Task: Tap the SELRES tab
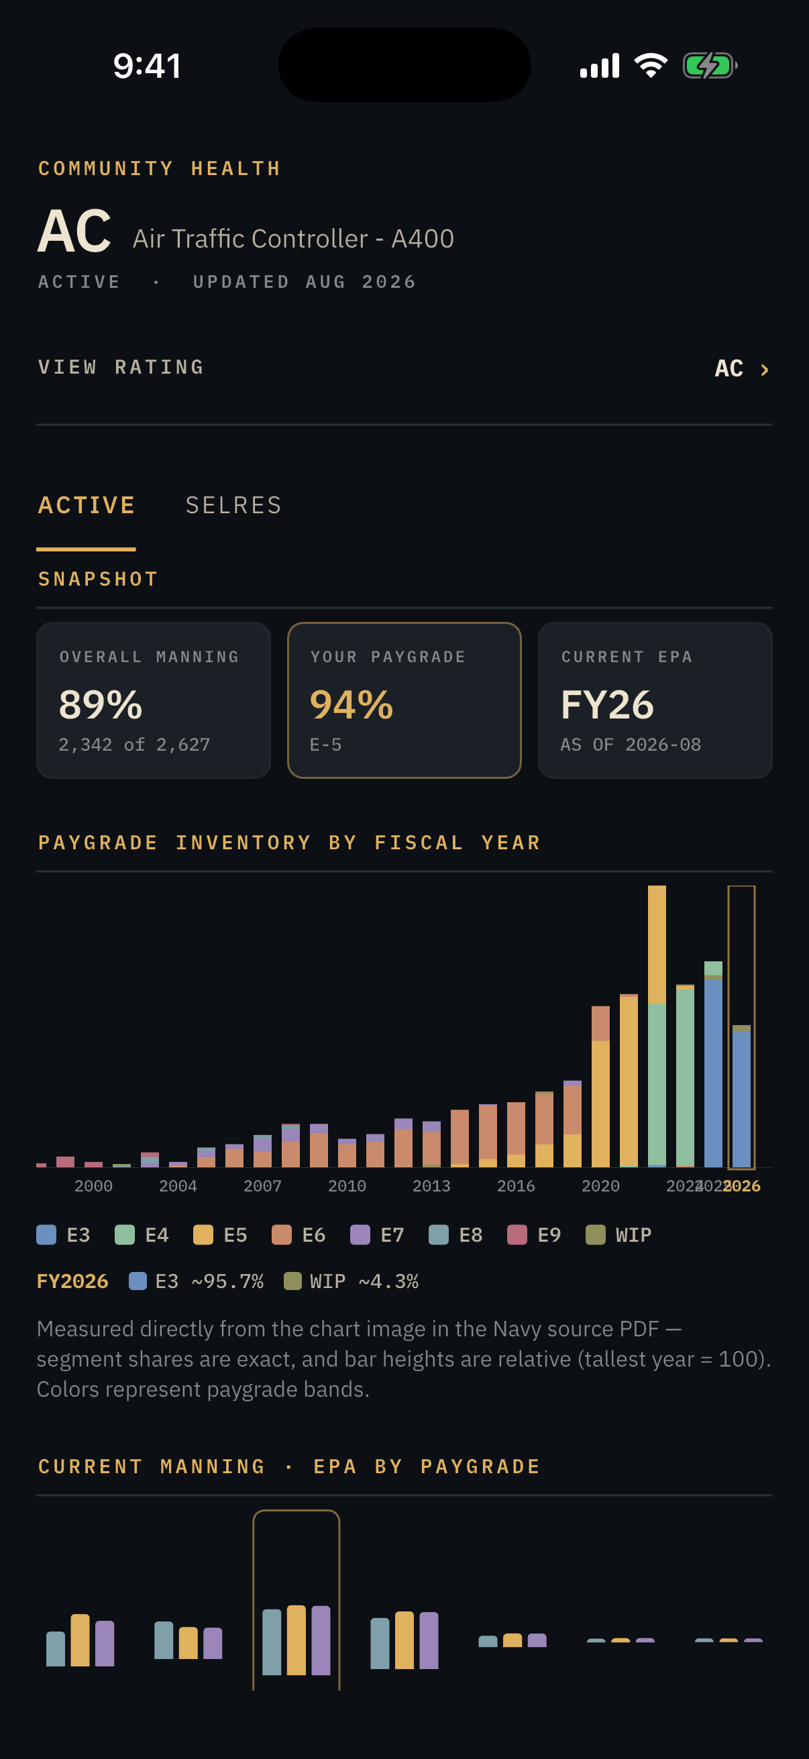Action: click(233, 505)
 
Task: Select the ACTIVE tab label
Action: click(87, 505)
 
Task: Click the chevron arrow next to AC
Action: click(765, 370)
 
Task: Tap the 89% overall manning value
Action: click(101, 704)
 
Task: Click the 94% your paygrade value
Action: click(352, 704)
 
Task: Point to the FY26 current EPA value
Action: click(607, 704)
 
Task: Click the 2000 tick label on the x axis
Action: click(93, 1186)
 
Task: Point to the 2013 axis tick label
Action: click(431, 1186)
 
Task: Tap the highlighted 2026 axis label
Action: click(742, 1186)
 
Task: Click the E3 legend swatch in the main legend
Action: click(46, 1234)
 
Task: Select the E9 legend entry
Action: click(535, 1234)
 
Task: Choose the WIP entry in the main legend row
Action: click(619, 1234)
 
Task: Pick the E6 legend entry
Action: click(299, 1234)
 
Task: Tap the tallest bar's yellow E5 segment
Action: click(657, 945)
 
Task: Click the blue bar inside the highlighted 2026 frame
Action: click(741, 1098)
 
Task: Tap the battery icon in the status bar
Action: click(710, 66)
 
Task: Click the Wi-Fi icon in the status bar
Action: click(651, 66)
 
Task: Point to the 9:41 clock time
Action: click(148, 66)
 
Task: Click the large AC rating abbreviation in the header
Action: click(74, 231)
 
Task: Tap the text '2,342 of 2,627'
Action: click(134, 744)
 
